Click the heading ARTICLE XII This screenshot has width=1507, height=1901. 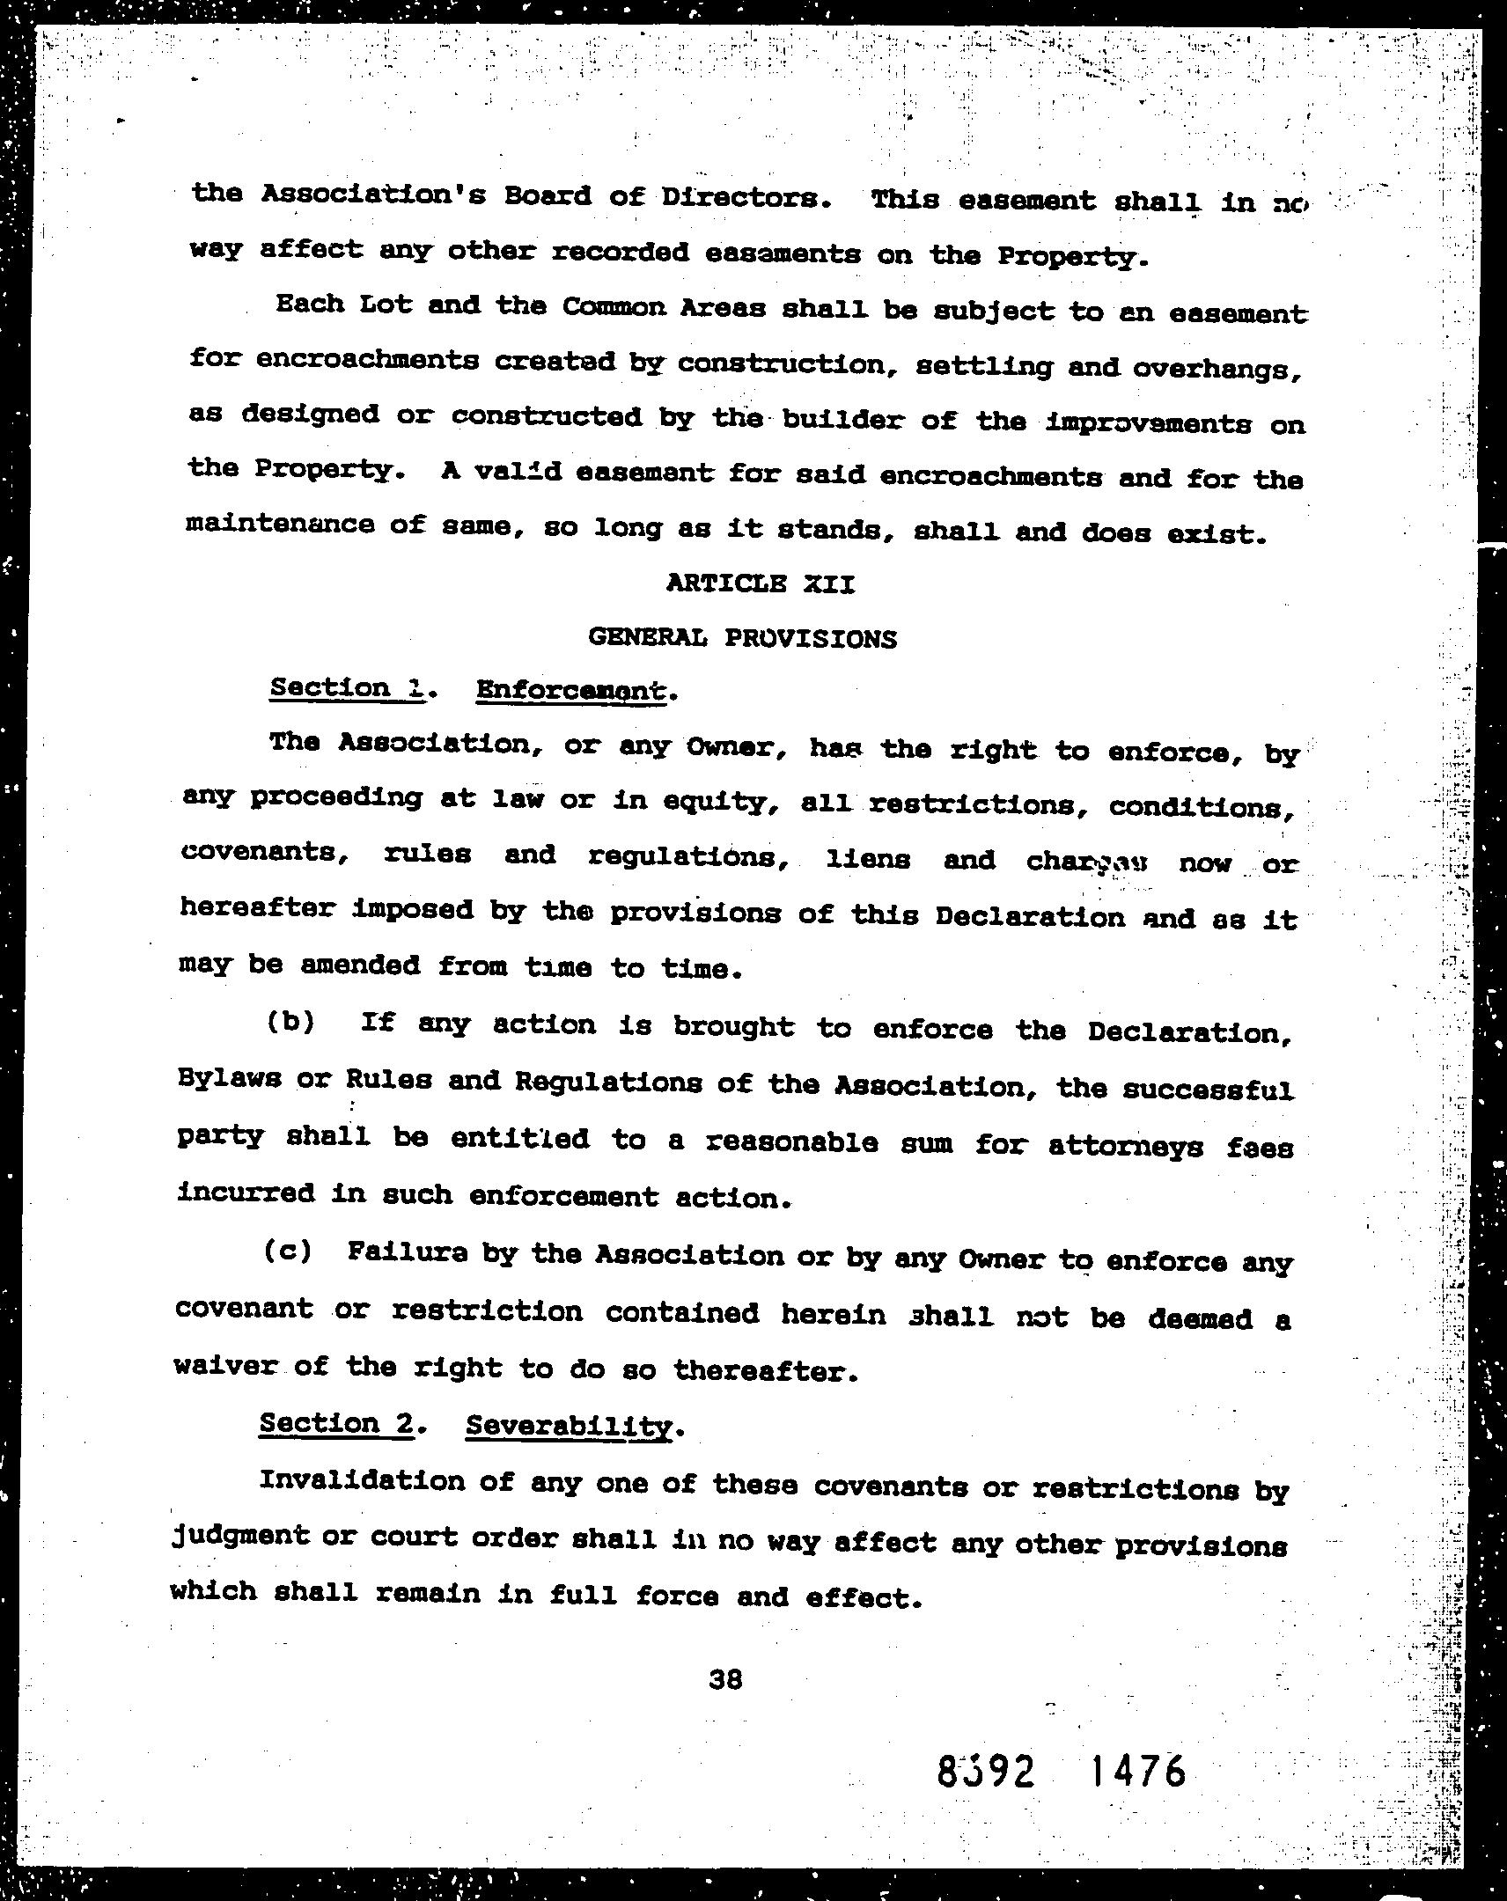tap(761, 583)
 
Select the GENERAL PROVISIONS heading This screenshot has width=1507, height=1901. tap(742, 637)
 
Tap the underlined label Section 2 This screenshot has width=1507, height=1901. tap(336, 1423)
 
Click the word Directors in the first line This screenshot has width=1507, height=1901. tap(739, 196)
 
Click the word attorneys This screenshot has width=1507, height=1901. tap(1125, 1144)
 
